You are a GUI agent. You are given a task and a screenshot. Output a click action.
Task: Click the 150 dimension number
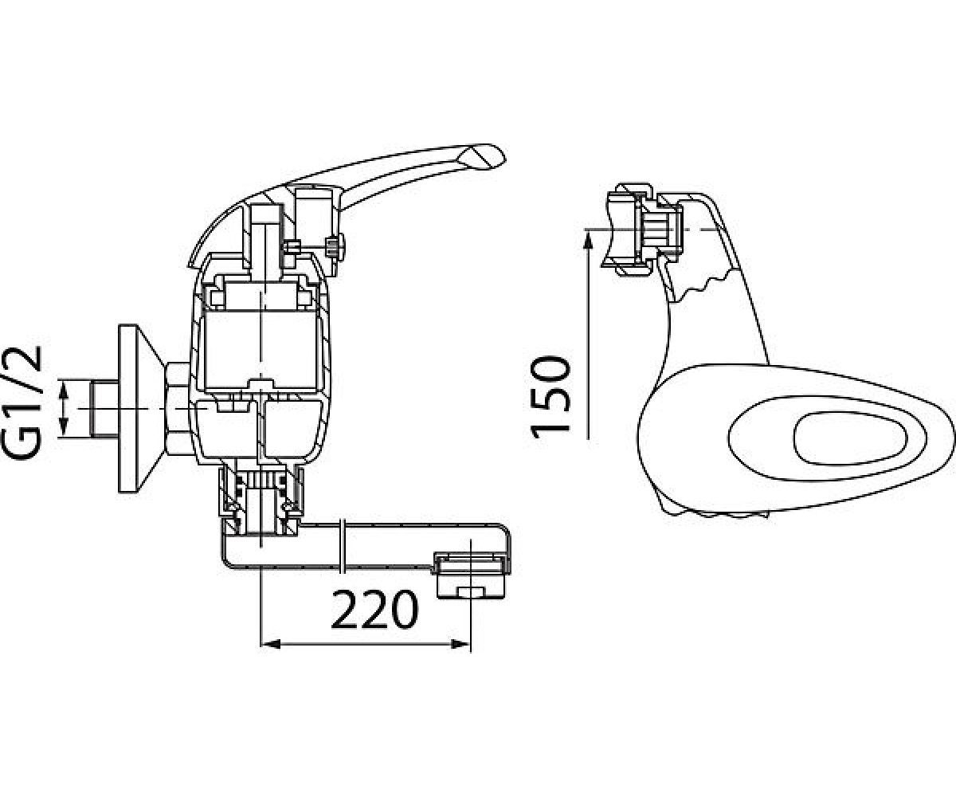[x=550, y=398]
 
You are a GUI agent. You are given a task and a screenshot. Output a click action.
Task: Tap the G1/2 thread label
[x=22, y=397]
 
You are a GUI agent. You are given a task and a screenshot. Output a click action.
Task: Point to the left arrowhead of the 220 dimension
[x=270, y=644]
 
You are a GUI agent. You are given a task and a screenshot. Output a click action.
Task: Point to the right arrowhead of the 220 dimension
[x=460, y=644]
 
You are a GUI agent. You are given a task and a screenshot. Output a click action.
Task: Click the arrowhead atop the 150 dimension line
[x=588, y=241]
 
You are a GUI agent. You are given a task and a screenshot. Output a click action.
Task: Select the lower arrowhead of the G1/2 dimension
[x=64, y=428]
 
